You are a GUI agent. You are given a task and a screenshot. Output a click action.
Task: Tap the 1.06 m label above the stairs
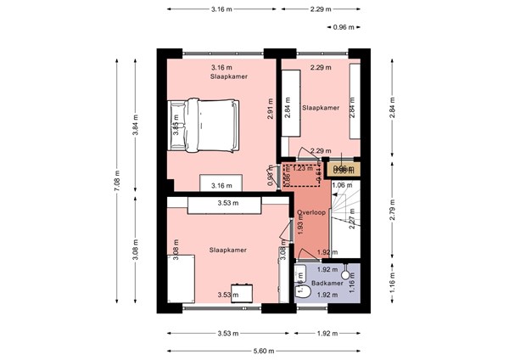[x=343, y=185]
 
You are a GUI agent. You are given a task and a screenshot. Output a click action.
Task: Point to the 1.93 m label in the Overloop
[x=299, y=225]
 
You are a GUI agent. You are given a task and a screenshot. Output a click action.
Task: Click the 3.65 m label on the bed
[x=176, y=128]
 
